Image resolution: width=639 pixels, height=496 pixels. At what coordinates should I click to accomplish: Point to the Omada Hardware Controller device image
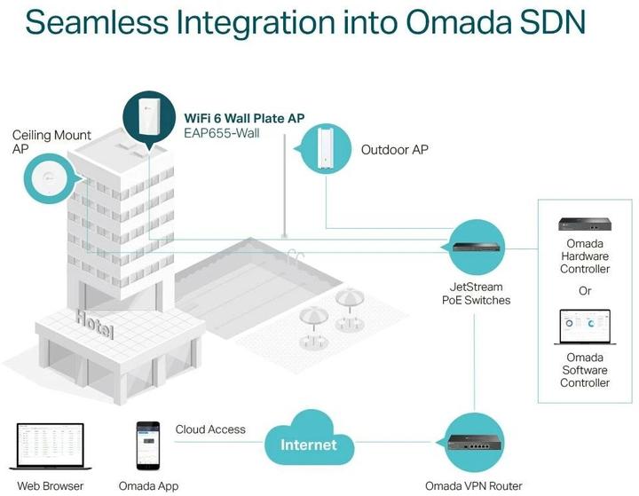coord(584,224)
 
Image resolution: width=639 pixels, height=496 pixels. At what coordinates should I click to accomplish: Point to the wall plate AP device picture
coord(149,119)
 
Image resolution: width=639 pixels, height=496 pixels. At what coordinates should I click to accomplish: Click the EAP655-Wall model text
coord(222,134)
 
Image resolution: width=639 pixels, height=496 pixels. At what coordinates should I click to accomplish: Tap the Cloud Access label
coord(210,429)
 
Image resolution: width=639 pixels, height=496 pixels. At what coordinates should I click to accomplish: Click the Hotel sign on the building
coord(94,325)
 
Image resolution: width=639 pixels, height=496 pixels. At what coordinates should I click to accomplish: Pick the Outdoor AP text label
coord(394,150)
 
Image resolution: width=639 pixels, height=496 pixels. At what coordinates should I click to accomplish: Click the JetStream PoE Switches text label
coord(476,294)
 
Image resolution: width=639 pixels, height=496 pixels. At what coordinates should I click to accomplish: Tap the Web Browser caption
coord(51,485)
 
